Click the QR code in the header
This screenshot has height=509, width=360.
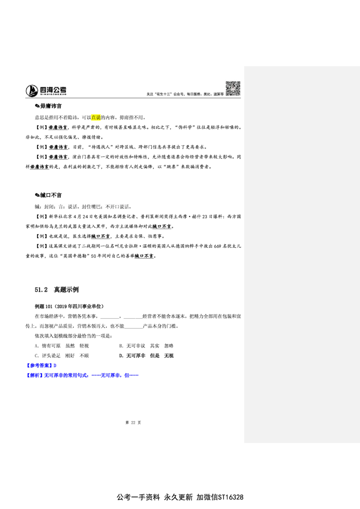[x=233, y=89]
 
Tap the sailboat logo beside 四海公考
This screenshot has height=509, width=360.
[x=32, y=90]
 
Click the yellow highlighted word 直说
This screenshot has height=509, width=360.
[x=96, y=117]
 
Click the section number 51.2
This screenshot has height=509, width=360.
[x=41, y=290]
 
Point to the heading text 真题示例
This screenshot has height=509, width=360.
[x=66, y=290]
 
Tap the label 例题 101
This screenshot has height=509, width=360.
[x=44, y=306]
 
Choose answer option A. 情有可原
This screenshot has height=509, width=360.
[x=48, y=346]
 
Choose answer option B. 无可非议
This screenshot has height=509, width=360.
[x=132, y=346]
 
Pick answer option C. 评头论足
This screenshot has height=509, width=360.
[x=48, y=356]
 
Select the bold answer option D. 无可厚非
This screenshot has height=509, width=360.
[x=132, y=356]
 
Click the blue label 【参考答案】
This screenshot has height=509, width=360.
[x=39, y=366]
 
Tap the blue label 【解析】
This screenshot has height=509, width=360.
[x=35, y=375]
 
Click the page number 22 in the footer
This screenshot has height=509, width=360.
[x=133, y=422]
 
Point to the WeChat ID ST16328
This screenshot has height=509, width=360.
[x=231, y=497]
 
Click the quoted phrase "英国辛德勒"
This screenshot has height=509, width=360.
[x=75, y=256]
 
